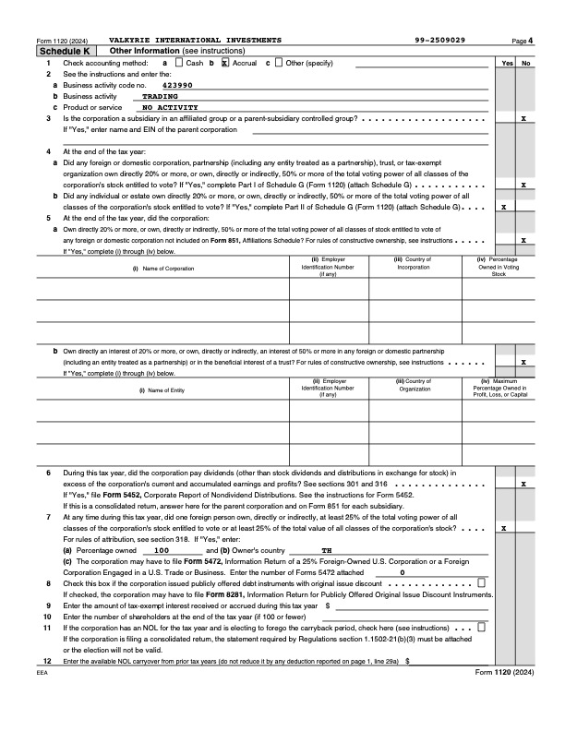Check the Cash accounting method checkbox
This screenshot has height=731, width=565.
click(x=180, y=62)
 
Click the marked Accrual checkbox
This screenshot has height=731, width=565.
click(x=224, y=62)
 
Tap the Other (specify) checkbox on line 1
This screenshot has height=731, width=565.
click(x=279, y=62)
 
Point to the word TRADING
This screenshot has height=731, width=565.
click(x=161, y=95)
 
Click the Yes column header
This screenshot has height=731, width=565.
click(x=507, y=63)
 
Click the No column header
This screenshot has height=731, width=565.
click(x=525, y=63)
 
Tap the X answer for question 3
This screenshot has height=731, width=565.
click(x=524, y=119)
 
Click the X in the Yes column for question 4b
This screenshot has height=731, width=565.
click(x=503, y=207)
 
